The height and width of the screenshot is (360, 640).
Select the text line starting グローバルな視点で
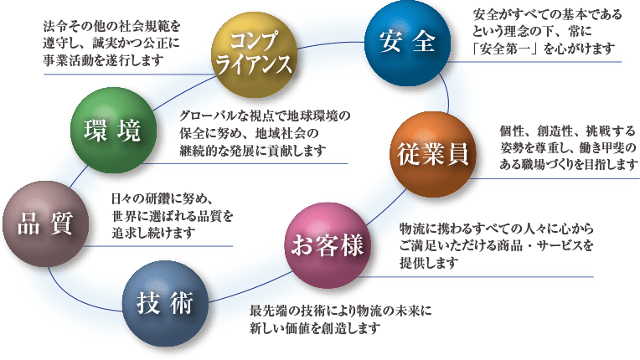click(264, 116)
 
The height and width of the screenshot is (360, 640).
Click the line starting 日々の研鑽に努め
click(164, 198)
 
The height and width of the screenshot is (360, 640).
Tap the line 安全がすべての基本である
click(549, 16)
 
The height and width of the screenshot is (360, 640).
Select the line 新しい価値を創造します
click(315, 328)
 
